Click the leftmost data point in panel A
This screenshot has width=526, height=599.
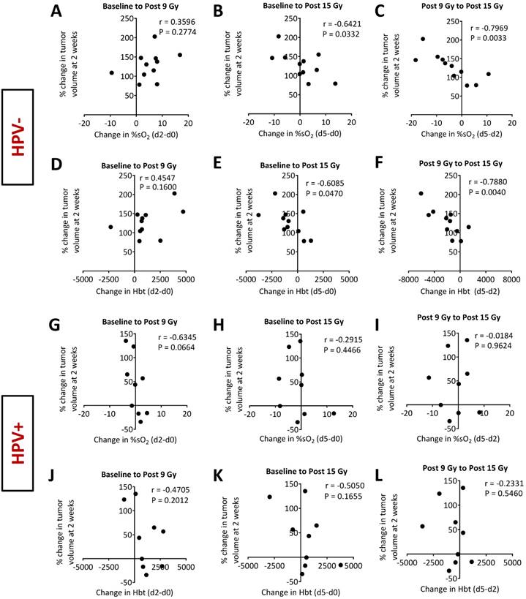(x=112, y=72)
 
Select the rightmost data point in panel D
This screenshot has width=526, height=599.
(x=183, y=212)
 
